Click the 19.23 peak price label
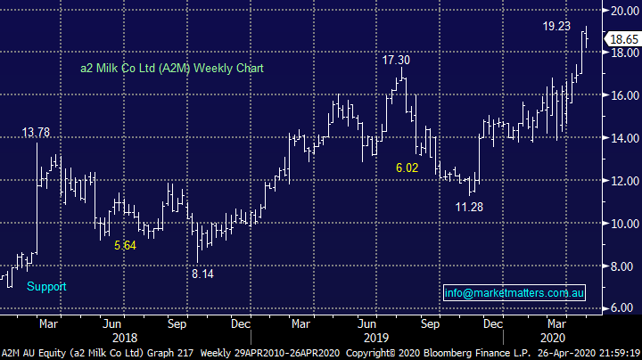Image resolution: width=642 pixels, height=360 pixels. (x=556, y=27)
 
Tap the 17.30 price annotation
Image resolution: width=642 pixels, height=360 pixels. (x=396, y=60)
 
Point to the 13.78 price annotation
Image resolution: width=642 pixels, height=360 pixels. (x=36, y=133)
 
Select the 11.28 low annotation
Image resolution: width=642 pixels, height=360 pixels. (x=469, y=207)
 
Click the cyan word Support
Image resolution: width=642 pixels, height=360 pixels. (x=46, y=287)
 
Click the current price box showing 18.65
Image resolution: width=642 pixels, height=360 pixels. (x=621, y=39)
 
